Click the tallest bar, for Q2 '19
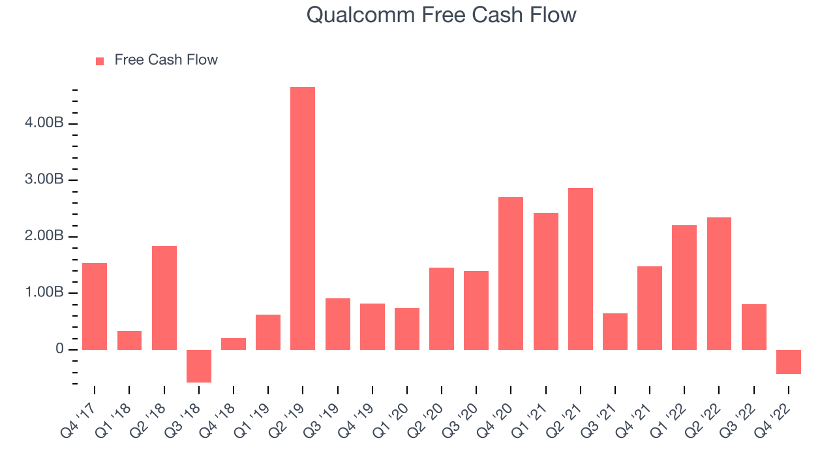pyautogui.click(x=303, y=218)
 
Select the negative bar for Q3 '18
pyautogui.click(x=199, y=366)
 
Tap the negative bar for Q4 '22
pyautogui.click(x=789, y=362)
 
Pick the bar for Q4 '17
pyautogui.click(x=95, y=307)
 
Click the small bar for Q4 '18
pyautogui.click(x=234, y=344)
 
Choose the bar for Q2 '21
pyautogui.click(x=581, y=269)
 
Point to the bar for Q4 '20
pyautogui.click(x=511, y=274)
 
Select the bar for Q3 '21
pyautogui.click(x=615, y=332)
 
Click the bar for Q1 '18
pyautogui.click(x=129, y=340)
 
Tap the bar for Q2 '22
pyautogui.click(x=719, y=283)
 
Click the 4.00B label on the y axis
pyautogui.click(x=44, y=122)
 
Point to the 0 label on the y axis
pyautogui.click(x=59, y=349)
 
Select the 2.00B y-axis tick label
pyautogui.click(x=44, y=236)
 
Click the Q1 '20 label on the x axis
pyautogui.click(x=391, y=421)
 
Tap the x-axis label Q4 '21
pyautogui.click(x=633, y=421)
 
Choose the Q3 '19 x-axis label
pyautogui.click(x=322, y=421)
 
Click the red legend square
pyautogui.click(x=100, y=61)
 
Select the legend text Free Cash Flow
pyautogui.click(x=166, y=59)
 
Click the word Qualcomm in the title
pyautogui.click(x=361, y=16)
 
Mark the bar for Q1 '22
pyautogui.click(x=684, y=288)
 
